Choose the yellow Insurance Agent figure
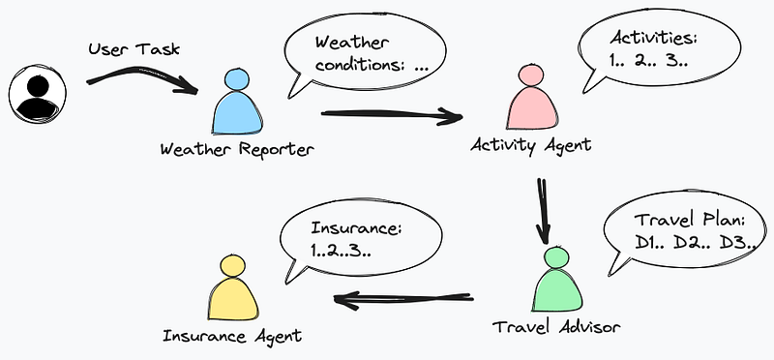pos(232,287)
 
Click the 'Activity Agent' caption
pos(530,144)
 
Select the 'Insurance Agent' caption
pos(232,336)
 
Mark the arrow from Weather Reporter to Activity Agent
pos(391,117)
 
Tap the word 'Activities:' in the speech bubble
pos(651,40)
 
